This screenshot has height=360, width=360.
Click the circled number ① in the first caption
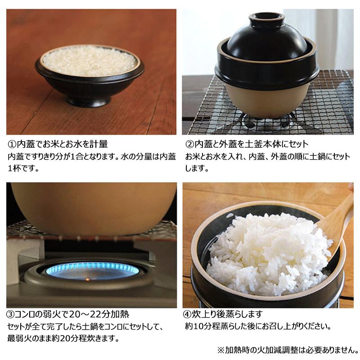[12, 145]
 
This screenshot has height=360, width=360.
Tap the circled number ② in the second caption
[189, 145]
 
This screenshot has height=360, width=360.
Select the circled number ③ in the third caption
[12, 314]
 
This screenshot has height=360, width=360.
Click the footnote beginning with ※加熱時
[288, 349]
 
